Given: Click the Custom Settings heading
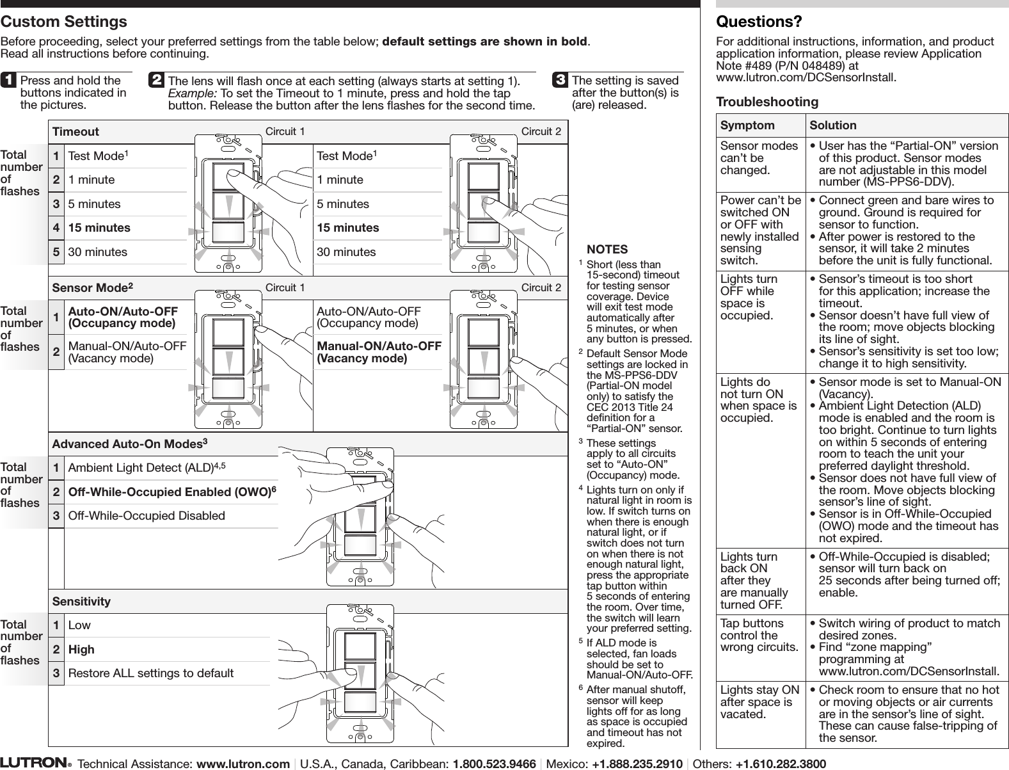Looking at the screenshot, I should click(64, 22).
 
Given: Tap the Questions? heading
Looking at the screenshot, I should click(759, 22).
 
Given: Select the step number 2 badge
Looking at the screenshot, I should click(156, 80).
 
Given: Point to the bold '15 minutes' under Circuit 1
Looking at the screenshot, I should click(99, 228).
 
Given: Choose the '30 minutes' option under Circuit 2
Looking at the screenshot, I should click(346, 252).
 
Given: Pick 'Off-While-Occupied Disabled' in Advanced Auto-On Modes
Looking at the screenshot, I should click(147, 516).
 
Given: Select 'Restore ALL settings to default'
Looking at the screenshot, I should click(151, 673).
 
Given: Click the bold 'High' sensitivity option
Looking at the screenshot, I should click(81, 649).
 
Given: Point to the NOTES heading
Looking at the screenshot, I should click(607, 250).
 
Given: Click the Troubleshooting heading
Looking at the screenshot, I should click(767, 102).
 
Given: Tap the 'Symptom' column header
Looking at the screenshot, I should click(747, 125).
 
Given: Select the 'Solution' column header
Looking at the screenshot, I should click(832, 125).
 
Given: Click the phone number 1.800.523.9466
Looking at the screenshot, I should click(494, 764).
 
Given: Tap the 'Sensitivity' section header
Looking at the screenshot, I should click(81, 602).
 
